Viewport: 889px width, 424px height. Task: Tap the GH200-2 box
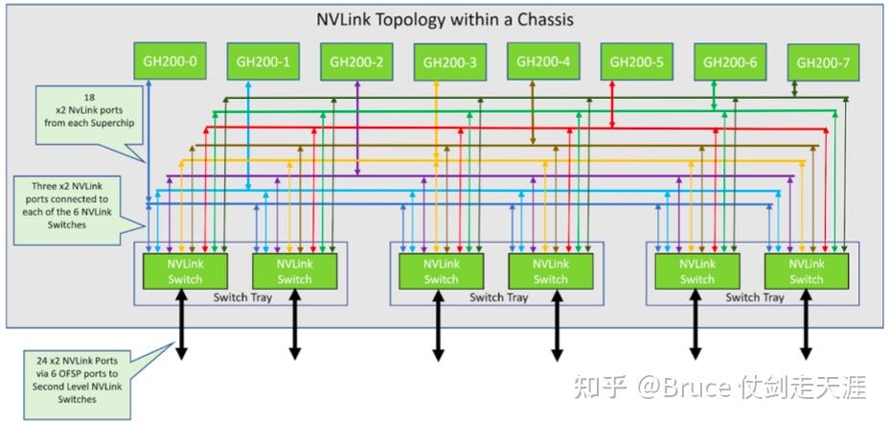point(356,63)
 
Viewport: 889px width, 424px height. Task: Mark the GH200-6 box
point(730,63)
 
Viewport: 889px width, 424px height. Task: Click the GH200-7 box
point(823,64)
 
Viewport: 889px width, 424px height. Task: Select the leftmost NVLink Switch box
point(185,271)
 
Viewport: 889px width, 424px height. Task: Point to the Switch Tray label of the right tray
point(754,297)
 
